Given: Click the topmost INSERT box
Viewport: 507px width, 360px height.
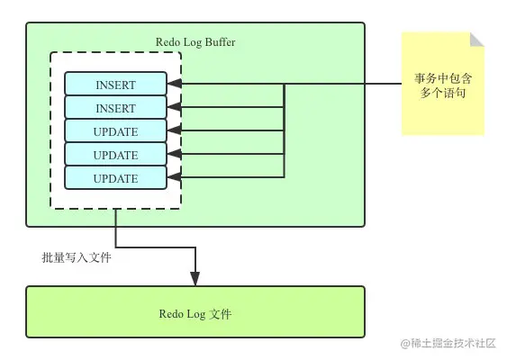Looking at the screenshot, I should point(115,85).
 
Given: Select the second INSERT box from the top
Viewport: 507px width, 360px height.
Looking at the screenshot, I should point(115,108).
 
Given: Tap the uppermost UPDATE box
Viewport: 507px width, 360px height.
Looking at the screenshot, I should point(115,131).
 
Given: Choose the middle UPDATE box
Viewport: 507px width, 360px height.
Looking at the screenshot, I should point(115,155).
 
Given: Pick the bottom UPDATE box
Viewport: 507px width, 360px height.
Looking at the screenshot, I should point(115,178).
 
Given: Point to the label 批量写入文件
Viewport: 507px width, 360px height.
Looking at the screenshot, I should point(77,257).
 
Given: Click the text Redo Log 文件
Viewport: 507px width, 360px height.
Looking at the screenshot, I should point(195,313).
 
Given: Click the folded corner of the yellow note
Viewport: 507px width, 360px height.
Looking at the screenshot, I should point(477,40).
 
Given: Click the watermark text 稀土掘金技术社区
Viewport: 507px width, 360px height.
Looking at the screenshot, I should point(454,343).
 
